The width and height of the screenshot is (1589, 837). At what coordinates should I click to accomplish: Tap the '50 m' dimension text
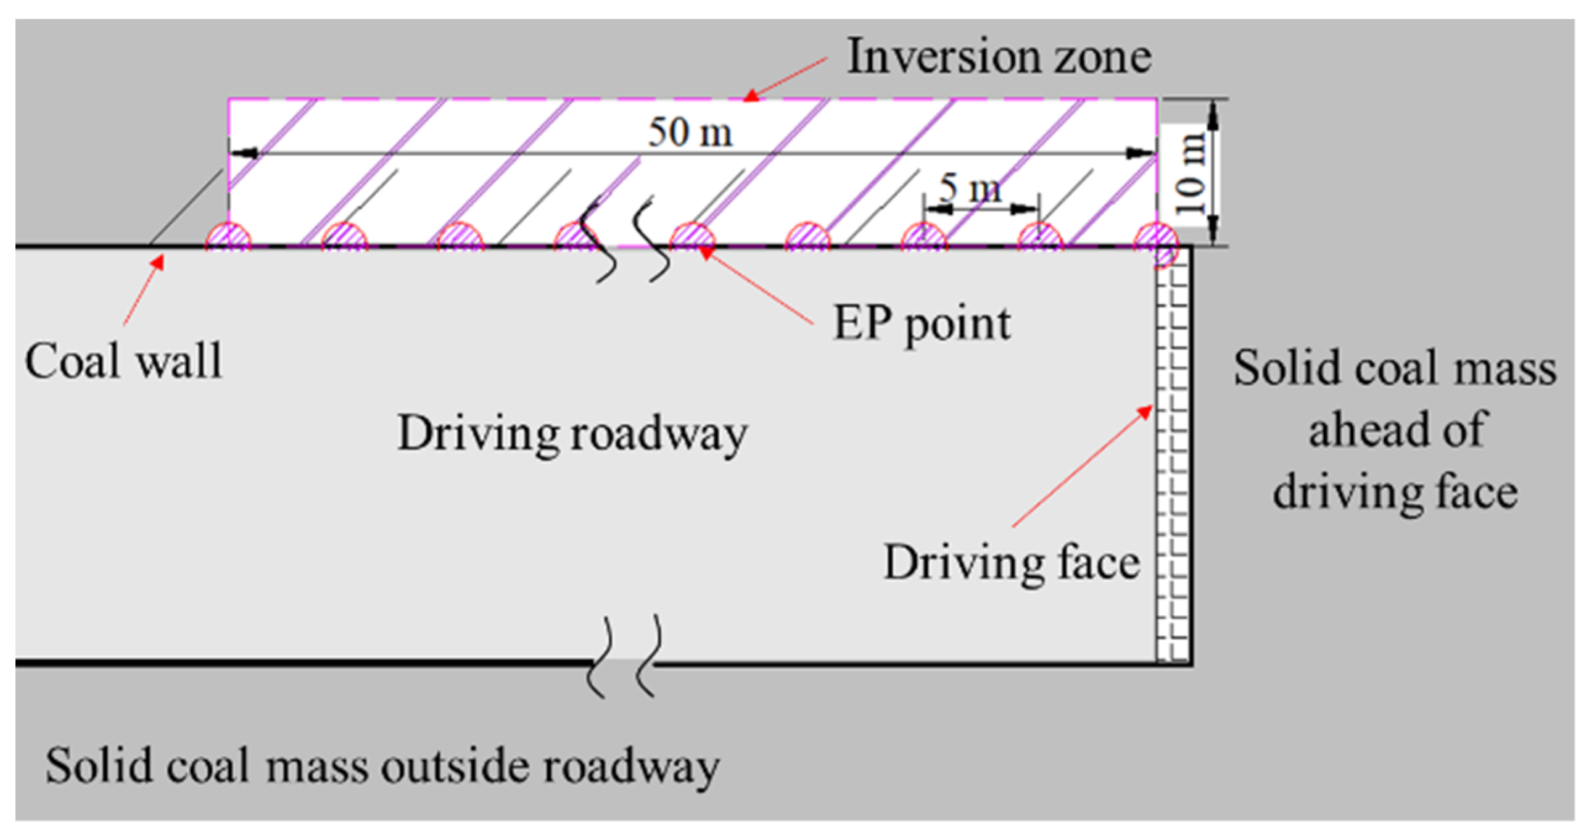coord(690,133)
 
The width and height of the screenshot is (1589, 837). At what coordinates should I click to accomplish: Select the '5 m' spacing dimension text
coord(970,188)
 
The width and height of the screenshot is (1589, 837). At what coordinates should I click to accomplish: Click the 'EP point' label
coord(922,323)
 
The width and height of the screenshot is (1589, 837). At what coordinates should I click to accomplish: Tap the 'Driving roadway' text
coord(572,434)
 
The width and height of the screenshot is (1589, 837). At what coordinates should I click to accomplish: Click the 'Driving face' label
coord(1011,563)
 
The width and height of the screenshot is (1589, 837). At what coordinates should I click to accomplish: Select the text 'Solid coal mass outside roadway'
coord(382,766)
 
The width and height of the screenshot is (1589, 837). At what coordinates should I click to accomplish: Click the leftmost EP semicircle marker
coord(228,237)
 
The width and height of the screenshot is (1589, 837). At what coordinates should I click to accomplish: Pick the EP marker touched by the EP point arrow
coord(692,237)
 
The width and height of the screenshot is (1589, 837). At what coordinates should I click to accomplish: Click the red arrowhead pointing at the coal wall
coord(159,262)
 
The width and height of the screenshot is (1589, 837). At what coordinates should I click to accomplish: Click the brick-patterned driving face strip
coord(1173,457)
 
